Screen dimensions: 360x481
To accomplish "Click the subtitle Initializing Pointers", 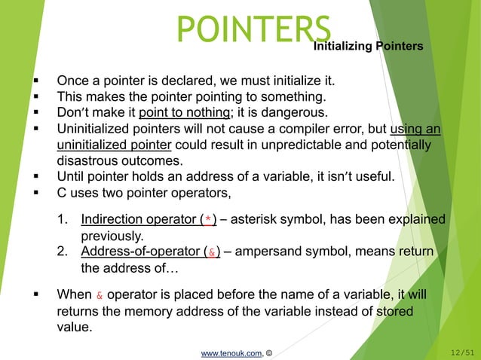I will click(367, 47).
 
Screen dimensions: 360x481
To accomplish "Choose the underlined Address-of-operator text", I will click(140, 251).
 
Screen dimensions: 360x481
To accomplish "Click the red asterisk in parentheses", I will click(208, 220).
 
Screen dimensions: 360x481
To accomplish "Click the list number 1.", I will click(62, 219).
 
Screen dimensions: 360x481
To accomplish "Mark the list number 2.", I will click(62, 251).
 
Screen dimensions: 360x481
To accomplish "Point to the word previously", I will click(112, 235).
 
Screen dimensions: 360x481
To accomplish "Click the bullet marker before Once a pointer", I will click(36, 81).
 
